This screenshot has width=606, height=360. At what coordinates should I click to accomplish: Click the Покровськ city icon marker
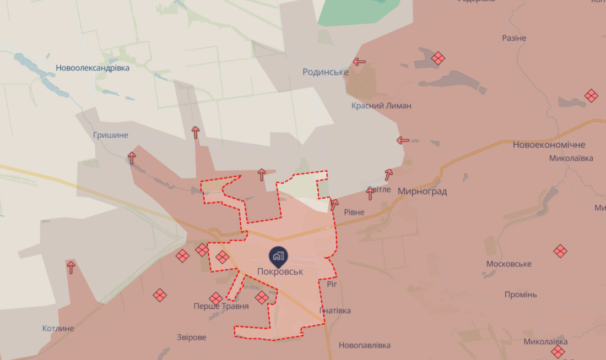277,255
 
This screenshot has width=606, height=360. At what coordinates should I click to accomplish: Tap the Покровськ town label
280,271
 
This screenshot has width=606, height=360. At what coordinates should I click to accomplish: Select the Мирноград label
422,192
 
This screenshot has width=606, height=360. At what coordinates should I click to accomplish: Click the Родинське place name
325,72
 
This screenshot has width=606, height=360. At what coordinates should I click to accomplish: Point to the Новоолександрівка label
93,68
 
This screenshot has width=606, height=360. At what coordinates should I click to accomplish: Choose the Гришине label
110,135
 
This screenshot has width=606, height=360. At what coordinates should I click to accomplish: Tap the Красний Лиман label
381,105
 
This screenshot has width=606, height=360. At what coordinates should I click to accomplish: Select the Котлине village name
58,329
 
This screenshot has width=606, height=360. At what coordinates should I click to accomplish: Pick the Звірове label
191,337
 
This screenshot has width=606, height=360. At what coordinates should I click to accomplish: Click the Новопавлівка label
364,345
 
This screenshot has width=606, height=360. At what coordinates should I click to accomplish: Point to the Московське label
508,264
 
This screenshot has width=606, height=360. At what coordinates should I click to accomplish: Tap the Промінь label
520,294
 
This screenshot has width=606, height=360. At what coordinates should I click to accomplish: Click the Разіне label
514,38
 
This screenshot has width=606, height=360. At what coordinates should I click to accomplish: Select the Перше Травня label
221,306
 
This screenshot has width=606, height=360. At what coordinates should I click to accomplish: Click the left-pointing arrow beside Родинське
359,62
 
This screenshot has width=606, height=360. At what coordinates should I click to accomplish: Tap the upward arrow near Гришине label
132,158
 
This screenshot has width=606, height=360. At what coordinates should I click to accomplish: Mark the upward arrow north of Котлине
71,268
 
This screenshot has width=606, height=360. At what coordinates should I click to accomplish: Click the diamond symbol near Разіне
438,58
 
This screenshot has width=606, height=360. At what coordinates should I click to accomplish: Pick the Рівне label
354,212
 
